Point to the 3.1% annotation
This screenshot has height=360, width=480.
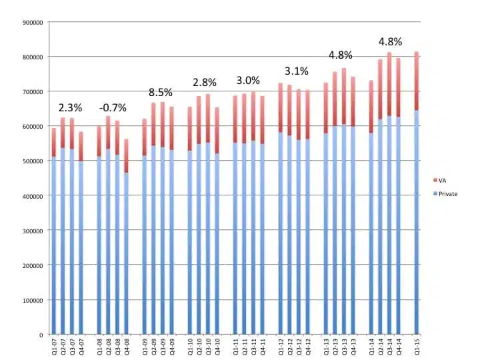(x=295, y=71)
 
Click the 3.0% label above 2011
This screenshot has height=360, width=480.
(x=248, y=80)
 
